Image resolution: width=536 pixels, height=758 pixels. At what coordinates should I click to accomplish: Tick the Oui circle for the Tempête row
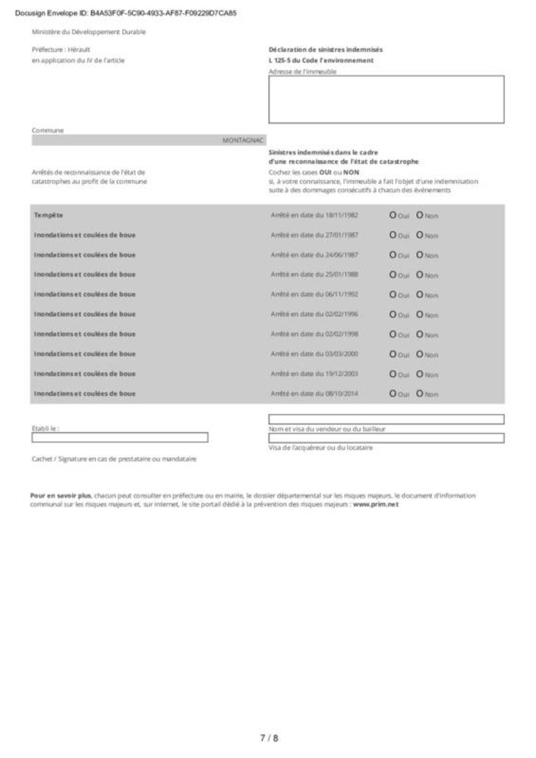pos(393,215)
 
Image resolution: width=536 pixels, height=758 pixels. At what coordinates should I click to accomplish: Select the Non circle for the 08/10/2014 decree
pos(419,393)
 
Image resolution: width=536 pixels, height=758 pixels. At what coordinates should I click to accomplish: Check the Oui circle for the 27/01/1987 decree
pos(393,235)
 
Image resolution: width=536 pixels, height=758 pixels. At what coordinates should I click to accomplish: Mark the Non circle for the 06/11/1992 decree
pos(419,294)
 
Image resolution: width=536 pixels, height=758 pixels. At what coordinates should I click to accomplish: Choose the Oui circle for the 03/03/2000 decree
pos(393,354)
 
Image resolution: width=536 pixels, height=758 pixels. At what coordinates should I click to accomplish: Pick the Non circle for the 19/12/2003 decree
pos(419,373)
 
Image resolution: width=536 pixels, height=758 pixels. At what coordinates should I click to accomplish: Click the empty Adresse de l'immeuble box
pos(386,99)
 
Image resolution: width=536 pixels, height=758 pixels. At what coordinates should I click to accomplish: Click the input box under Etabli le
pos(120,437)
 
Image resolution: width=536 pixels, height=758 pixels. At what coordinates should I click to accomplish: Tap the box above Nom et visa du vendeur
pos(386,419)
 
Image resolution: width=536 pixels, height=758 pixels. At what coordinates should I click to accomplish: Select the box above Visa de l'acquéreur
pos(386,438)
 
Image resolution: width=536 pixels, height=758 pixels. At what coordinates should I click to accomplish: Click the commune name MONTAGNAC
pos(242,140)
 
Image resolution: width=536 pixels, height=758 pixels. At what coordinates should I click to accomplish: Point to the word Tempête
pos(48,215)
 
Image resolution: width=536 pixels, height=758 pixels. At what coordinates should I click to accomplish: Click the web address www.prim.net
pos(376,504)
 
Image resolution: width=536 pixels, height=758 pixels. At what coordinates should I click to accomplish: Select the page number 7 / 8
pos(269,738)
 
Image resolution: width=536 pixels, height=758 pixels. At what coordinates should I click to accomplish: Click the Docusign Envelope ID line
pos(126,13)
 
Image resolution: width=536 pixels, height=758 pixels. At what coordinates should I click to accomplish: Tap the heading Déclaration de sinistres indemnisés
pos(325,50)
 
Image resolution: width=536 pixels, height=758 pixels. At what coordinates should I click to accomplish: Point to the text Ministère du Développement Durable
pos(89,32)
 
